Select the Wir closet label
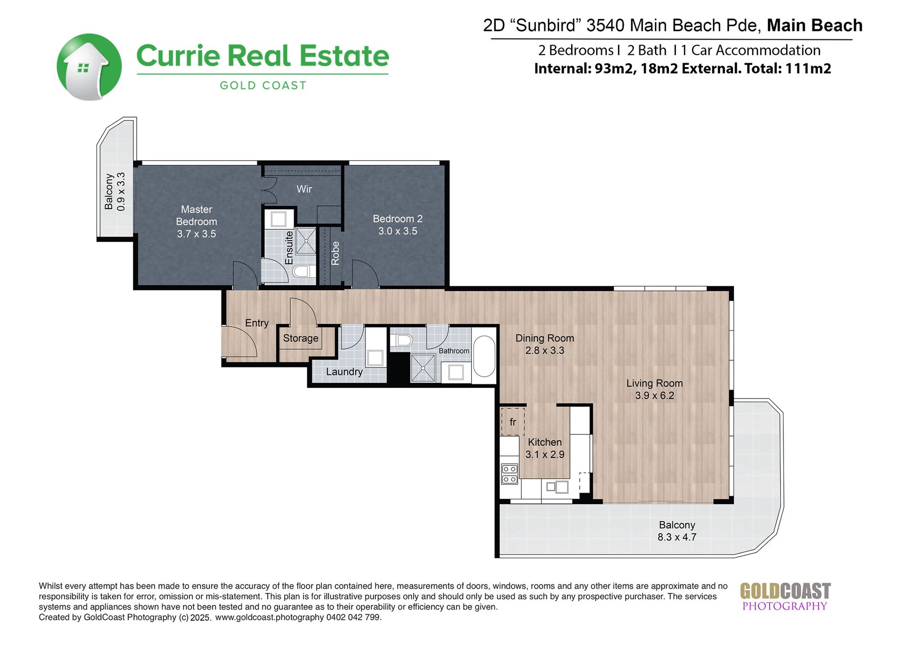pos(304,189)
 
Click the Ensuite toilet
pos(304,272)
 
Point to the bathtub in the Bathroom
pos(484,357)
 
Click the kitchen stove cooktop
pos(509,474)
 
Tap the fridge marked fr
pos(513,422)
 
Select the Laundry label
pos(344,372)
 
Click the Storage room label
pos(300,338)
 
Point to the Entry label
pos(257,323)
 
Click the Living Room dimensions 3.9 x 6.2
pos(654,395)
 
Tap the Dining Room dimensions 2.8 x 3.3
pos(545,350)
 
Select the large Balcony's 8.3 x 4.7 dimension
pos(677,537)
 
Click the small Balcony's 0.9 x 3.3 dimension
pos(121,191)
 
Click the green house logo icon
pos(89,67)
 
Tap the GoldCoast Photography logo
pos(785,597)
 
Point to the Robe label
pos(336,253)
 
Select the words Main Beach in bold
pos(815,25)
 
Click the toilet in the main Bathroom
pos(402,340)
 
